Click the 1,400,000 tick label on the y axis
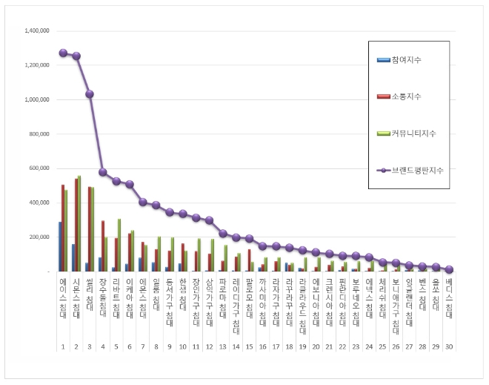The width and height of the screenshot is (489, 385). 36,31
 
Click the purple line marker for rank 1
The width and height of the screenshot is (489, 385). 63,53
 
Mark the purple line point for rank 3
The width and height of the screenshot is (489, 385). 90,94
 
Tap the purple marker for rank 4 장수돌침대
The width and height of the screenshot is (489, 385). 103,172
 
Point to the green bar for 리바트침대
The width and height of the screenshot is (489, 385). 119,245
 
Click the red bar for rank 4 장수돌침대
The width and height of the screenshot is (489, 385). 103,246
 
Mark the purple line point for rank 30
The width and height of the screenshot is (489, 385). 449,269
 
